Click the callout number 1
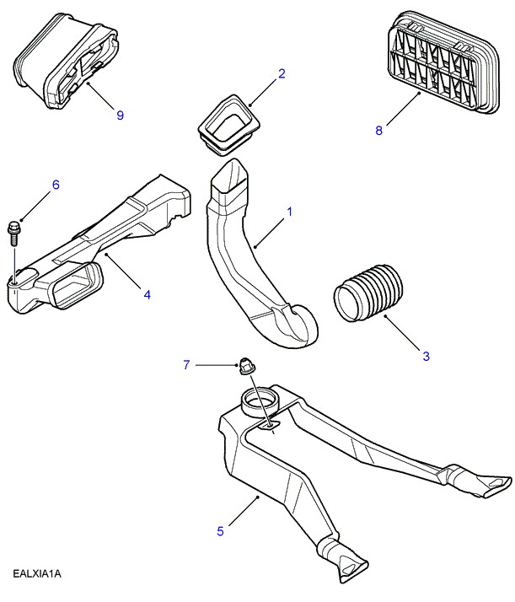(289, 212)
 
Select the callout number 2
(282, 73)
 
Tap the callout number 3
(426, 357)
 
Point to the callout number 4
(147, 294)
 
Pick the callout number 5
(220, 531)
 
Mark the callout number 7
(188, 364)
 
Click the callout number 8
(378, 130)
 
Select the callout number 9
(120, 115)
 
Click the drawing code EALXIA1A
(38, 574)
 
